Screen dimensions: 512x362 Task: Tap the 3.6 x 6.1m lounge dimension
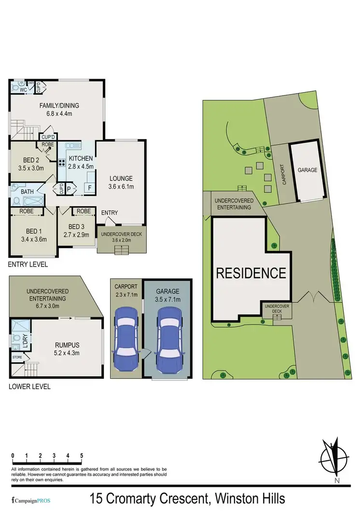(120, 187)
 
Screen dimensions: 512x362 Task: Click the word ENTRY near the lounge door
(110, 213)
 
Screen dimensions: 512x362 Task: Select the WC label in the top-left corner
(23, 90)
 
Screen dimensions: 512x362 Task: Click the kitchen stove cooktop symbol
(62, 163)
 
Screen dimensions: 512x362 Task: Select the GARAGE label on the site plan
(307, 170)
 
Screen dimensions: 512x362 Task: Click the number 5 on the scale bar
(82, 455)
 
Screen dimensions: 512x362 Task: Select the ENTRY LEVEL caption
(28, 265)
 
